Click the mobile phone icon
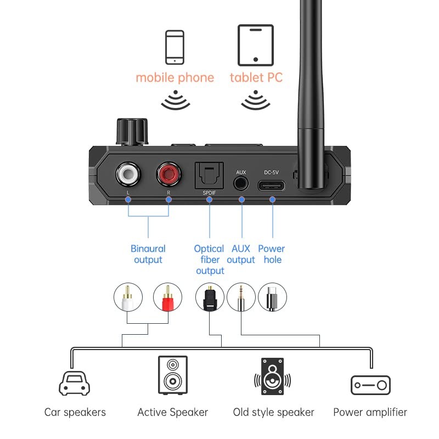pos(175,49)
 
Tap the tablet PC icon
pos(255,46)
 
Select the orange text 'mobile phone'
pos(175,77)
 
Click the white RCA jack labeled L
pos(128,176)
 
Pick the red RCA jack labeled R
pos(168,176)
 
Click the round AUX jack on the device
pos(241,184)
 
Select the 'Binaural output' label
pos(148,254)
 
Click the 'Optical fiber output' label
pos(210,260)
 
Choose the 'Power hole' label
pos(272,254)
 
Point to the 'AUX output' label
pos(241,254)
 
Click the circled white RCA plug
pos(128,297)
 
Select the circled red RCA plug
pos(167,297)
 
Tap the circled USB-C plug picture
pos(272,297)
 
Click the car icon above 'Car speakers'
pos(75,383)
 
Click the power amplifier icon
pos(370,385)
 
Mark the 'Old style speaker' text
pos(273,412)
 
